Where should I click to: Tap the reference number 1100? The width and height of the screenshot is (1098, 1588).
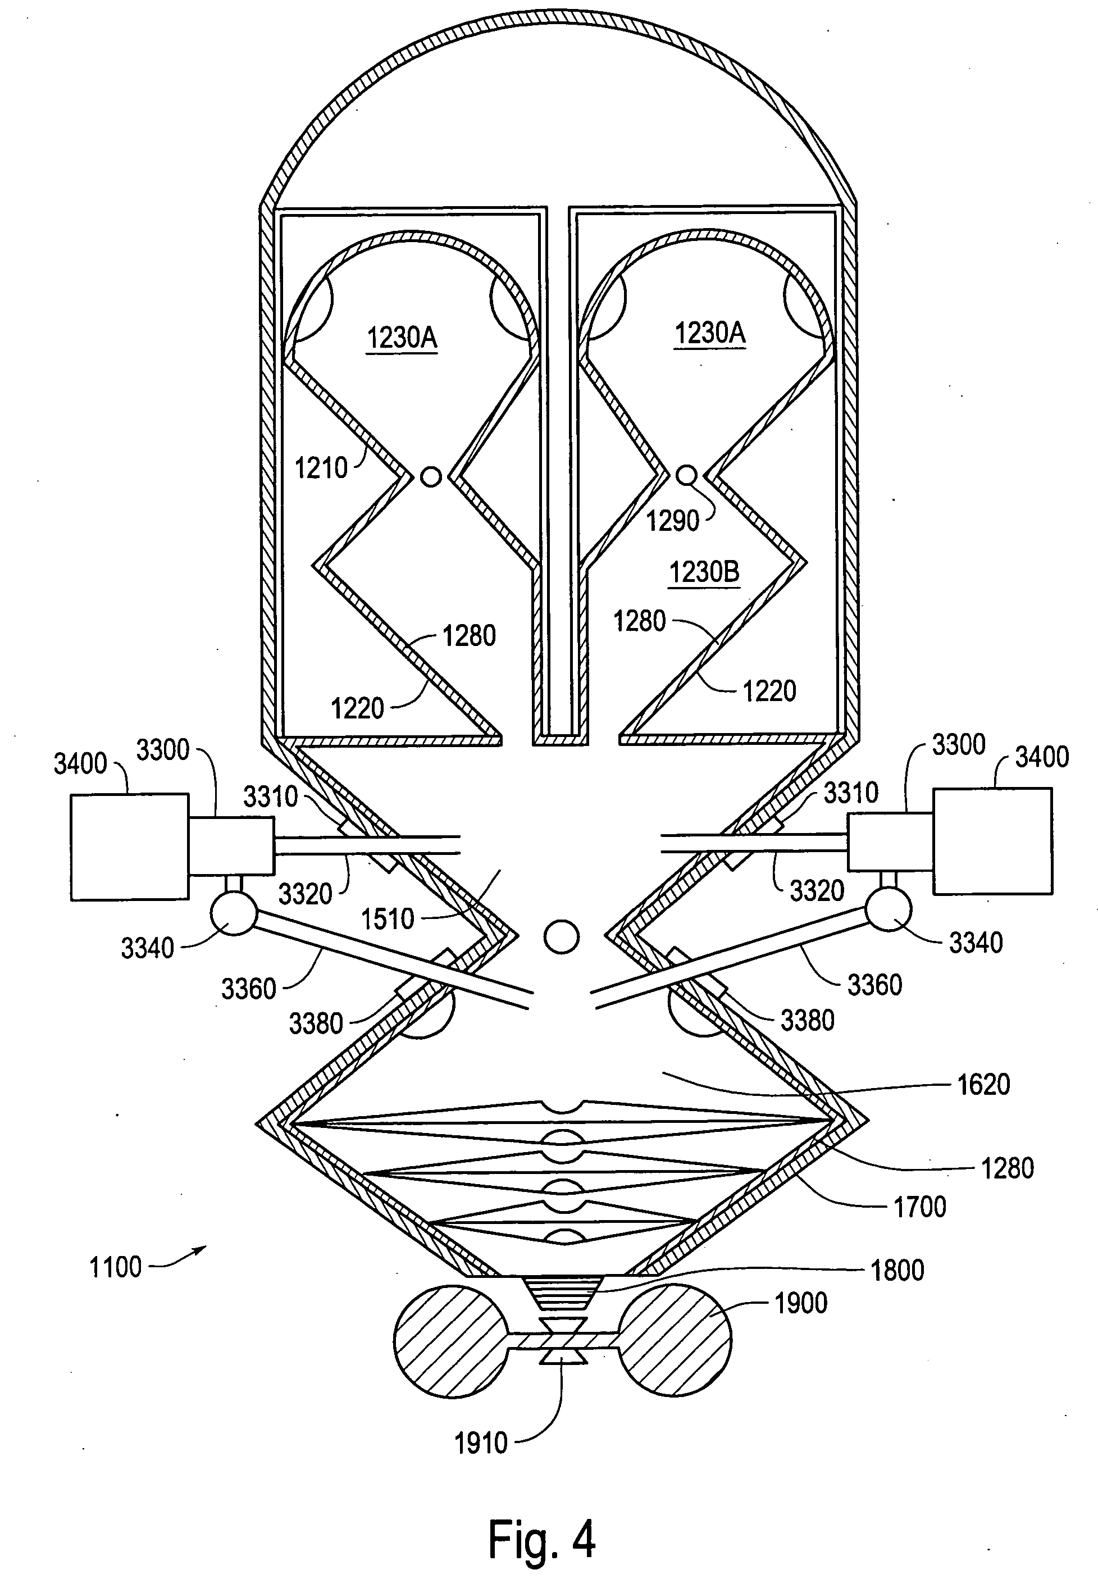(x=116, y=1267)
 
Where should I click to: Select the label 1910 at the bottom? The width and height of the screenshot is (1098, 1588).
(x=481, y=1443)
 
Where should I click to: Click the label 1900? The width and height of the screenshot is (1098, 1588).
(x=801, y=1303)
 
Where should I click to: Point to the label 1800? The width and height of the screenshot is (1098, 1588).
(x=897, y=1270)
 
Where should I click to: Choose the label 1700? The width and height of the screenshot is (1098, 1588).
(x=920, y=1206)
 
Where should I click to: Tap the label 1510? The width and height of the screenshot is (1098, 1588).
(x=388, y=919)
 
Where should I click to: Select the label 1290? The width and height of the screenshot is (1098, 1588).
(x=672, y=521)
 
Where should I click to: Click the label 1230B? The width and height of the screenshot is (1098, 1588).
(x=704, y=572)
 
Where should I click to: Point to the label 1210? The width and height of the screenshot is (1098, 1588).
(x=321, y=468)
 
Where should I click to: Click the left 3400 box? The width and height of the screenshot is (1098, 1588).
(x=129, y=847)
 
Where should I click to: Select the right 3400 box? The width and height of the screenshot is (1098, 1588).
(x=992, y=841)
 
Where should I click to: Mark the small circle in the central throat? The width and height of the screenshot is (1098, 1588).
(x=562, y=936)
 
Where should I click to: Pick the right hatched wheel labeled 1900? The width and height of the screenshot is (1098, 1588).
(x=674, y=1340)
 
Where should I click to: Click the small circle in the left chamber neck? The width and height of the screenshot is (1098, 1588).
(x=431, y=477)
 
